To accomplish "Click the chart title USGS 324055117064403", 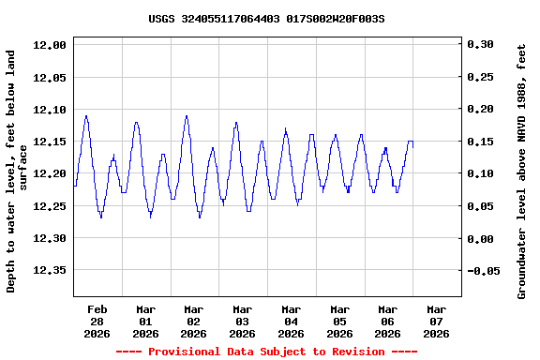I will pos(266,19).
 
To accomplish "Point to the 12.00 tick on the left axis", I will pos(49,45).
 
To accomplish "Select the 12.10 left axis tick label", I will pos(49,110).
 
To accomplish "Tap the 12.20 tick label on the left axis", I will pos(49,174).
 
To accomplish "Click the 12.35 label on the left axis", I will pos(49,271).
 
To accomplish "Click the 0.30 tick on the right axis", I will pos(480,45).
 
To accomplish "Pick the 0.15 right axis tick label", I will pos(480,142).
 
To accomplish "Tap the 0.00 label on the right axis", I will pos(480,239).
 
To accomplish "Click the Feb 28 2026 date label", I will pos(97,321).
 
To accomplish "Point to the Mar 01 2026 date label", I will pos(145,321).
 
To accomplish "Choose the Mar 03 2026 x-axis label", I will pos(242,321).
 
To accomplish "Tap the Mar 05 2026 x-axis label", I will pos(339,321).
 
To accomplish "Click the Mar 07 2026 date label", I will pos(436,321).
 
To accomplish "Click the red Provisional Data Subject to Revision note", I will pos(266,352).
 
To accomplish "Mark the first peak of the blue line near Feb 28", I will pos(86,116).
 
